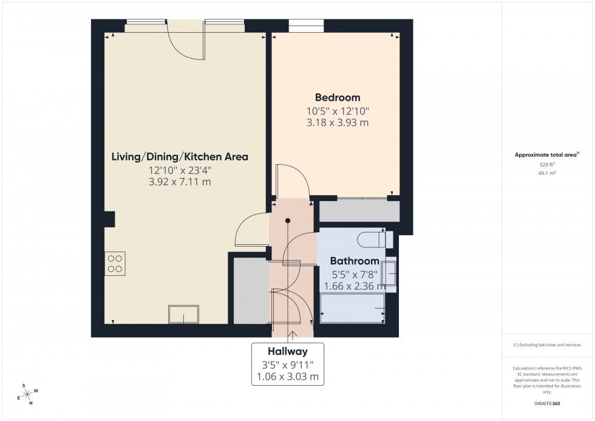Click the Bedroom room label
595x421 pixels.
[x=337, y=97]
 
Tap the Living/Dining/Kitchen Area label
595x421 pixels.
[x=179, y=157]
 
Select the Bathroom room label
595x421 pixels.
[x=354, y=261]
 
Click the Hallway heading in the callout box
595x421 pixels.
[x=288, y=351]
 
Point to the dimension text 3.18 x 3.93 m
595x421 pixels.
[x=337, y=123]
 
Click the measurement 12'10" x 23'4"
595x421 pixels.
[x=179, y=170]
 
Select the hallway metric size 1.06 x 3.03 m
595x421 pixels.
[x=288, y=377]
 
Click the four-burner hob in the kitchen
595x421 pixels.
[x=115, y=264]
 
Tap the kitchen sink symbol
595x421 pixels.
[x=183, y=315]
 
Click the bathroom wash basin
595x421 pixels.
[x=389, y=272]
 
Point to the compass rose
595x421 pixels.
[x=27, y=394]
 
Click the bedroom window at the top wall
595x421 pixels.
[x=306, y=26]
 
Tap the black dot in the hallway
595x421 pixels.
[x=288, y=221]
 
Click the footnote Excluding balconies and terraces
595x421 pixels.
[x=548, y=344]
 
